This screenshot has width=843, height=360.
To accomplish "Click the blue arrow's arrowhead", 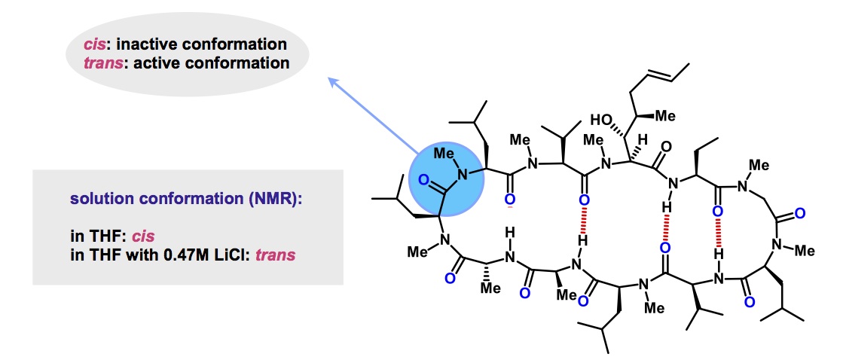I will [x=332, y=80].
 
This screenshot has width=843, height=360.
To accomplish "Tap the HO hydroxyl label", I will [x=601, y=119].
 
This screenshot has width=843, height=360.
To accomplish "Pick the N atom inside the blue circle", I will [x=464, y=175].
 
